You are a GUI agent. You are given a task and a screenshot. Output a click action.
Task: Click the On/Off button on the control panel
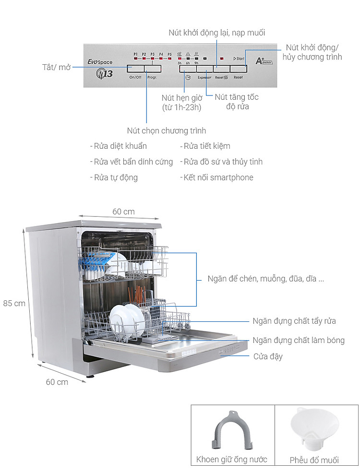coord(135,69)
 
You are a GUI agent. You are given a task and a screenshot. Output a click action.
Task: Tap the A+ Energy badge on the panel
coord(264,61)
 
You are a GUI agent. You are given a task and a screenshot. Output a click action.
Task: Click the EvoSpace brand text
coord(100,62)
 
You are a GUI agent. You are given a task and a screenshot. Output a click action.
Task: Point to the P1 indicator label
coord(136,54)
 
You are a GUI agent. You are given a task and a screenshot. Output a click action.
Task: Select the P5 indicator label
coord(169,54)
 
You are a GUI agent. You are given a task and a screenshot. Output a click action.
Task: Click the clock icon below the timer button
coord(188,78)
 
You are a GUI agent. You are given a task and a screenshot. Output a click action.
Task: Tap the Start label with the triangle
coord(239,59)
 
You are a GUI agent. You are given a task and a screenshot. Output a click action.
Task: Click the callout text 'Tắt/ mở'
coord(56,67)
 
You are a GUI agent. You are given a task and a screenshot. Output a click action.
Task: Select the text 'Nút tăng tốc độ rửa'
coord(237,102)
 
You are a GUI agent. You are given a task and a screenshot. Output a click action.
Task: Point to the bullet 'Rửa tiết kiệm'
coord(205,146)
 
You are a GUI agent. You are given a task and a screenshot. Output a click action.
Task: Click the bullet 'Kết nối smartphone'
coord(216,177)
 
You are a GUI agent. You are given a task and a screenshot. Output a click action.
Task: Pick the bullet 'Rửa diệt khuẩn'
coord(118,146)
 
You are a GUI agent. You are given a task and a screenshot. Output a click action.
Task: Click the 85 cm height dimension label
coord(14,303)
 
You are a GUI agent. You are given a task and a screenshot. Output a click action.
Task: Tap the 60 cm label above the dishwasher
coord(123,212)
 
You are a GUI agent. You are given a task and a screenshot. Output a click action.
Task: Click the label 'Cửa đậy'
coord(268,356)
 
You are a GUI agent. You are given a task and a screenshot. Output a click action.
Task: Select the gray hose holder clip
coord(233,429)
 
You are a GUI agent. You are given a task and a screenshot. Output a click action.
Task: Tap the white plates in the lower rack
coord(127,319)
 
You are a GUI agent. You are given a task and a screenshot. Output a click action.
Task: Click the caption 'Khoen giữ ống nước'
coord(232,459)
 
